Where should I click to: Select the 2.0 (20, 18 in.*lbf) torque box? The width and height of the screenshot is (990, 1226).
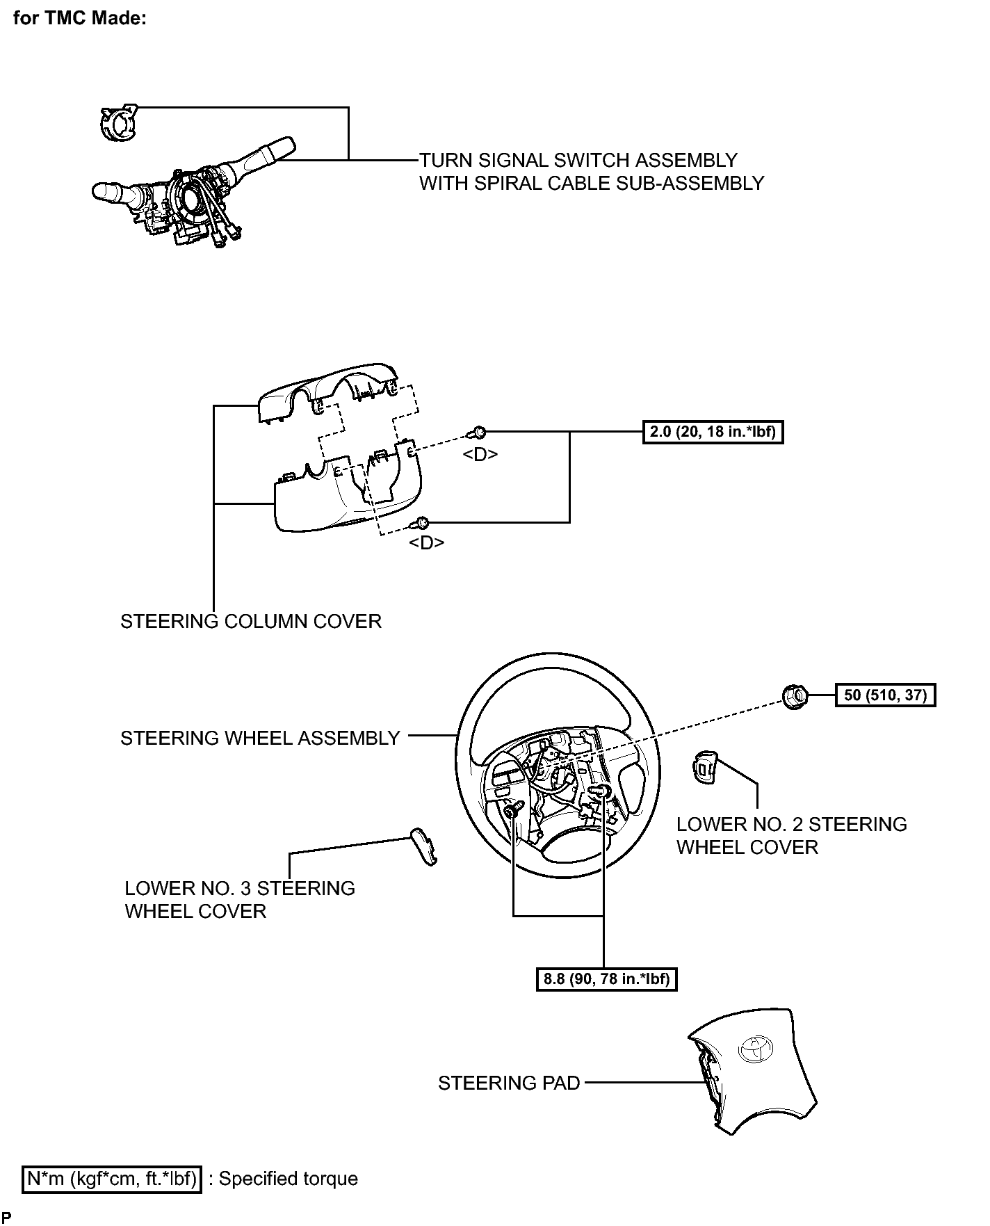tap(713, 433)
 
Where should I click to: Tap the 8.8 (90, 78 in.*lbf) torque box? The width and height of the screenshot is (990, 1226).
tap(606, 979)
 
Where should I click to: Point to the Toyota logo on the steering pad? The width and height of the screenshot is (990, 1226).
tap(755, 1049)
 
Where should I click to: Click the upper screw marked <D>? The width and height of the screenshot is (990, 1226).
tap(477, 433)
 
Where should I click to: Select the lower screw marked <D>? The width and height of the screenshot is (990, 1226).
tap(421, 522)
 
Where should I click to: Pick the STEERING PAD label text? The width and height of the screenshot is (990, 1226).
tap(509, 1083)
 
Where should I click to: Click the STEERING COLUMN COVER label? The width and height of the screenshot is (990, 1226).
tap(251, 621)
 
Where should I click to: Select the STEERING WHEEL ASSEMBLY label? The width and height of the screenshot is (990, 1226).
tap(260, 738)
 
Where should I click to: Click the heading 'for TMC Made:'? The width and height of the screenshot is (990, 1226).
tap(79, 19)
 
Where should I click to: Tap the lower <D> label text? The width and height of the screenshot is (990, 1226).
tap(426, 542)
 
